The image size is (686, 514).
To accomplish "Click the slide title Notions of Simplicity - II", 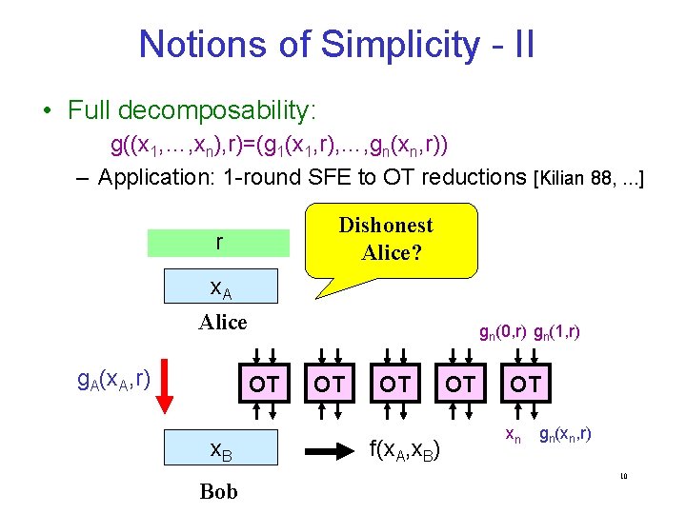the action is pos(336,44).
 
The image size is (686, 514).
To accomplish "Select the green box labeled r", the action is pos(218,243).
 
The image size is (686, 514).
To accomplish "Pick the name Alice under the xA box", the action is pos(222,322).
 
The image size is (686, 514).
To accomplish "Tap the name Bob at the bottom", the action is pos(219,491).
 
